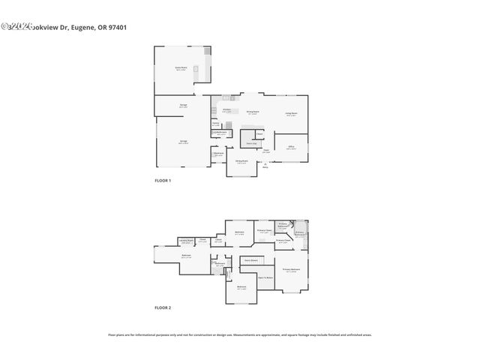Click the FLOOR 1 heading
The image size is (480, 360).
click(x=163, y=181)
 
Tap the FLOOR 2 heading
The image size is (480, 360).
click(x=163, y=307)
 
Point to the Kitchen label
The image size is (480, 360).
click(x=226, y=110)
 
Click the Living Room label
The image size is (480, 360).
click(x=291, y=115)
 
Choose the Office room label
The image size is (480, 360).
click(x=291, y=147)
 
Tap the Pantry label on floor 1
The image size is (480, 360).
click(x=216, y=124)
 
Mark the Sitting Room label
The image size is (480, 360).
click(x=241, y=161)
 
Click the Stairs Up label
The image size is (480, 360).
click(x=248, y=142)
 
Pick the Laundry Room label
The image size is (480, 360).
click(x=185, y=241)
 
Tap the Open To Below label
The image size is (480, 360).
click(x=265, y=277)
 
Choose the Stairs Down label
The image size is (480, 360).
click(x=250, y=259)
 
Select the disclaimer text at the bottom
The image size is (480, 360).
click(x=240, y=334)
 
